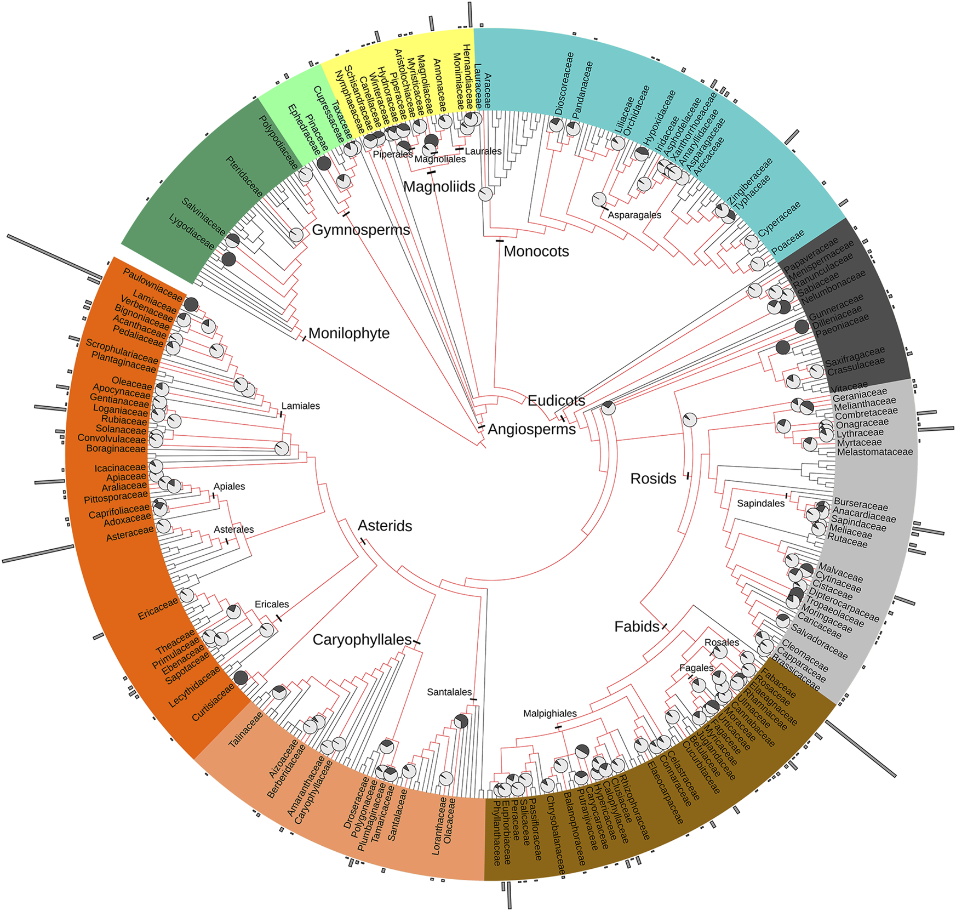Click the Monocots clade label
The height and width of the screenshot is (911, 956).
[536, 252]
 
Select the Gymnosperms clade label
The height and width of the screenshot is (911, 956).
[360, 230]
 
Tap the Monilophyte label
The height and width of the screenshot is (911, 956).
[349, 333]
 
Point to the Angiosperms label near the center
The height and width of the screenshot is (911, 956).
[531, 429]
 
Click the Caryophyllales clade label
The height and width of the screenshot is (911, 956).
[362, 640]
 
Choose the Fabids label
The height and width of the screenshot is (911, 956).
[637, 627]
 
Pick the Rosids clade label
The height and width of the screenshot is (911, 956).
[653, 479]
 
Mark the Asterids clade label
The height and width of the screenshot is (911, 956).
[385, 526]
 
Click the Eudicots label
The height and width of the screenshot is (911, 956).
[556, 401]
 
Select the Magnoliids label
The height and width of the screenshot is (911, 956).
[439, 187]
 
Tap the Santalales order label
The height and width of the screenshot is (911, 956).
[449, 692]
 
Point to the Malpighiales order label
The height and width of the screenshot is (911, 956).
[549, 714]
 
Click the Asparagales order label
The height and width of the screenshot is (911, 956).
[634, 215]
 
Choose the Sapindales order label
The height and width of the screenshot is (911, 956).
[760, 503]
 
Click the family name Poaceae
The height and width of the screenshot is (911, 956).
[788, 242]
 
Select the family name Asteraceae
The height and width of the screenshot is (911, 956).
[130, 534]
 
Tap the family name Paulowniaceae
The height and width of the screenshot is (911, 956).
[152, 284]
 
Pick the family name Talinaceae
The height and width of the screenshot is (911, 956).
[245, 730]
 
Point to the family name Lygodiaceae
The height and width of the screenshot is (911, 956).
[192, 232]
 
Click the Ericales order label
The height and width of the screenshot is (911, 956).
[272, 604]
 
